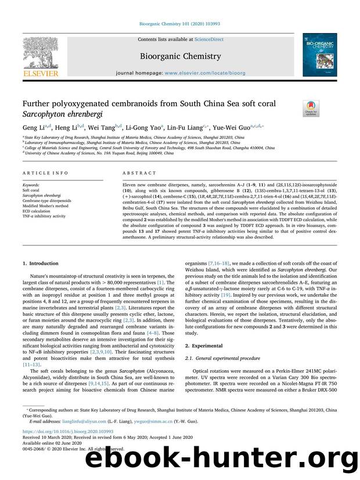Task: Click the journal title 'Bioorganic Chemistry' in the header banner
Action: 179,56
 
